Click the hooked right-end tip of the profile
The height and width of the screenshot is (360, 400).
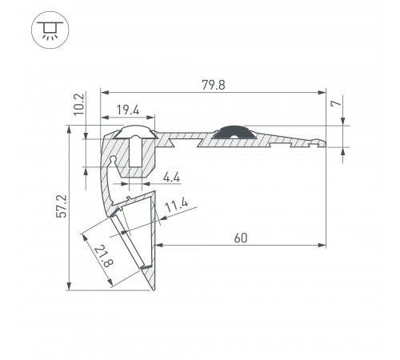click(322, 142)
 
